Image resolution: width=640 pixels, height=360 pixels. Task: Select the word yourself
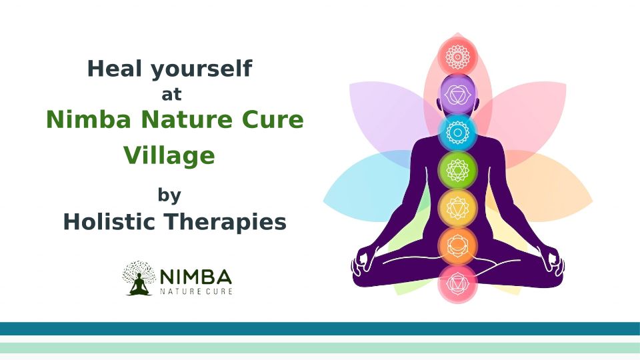[201, 69]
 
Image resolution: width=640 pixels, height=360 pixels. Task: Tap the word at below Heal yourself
[171, 94]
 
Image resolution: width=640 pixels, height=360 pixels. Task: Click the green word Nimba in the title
[89, 119]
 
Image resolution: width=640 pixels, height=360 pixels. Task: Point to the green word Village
[169, 156]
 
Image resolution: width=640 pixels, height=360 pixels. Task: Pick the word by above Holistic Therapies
[169, 195]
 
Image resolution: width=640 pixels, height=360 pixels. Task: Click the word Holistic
[109, 221]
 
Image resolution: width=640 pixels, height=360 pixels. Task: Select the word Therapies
[225, 223]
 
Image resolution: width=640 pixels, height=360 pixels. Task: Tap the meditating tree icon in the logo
[139, 278]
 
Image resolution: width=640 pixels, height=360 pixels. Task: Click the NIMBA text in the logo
[196, 277]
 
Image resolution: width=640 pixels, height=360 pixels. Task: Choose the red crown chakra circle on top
[457, 56]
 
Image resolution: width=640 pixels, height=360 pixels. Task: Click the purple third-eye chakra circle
[457, 95]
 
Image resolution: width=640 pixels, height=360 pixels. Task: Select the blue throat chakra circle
[457, 132]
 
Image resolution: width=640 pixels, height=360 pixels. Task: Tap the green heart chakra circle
[457, 170]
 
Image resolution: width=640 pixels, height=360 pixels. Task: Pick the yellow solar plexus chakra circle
[457, 208]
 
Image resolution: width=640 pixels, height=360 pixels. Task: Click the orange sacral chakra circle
[457, 246]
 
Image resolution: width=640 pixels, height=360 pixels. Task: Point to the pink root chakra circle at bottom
[457, 284]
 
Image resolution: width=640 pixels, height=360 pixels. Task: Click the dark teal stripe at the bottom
[320, 329]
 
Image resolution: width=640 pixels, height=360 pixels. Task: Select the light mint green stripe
[320, 348]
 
